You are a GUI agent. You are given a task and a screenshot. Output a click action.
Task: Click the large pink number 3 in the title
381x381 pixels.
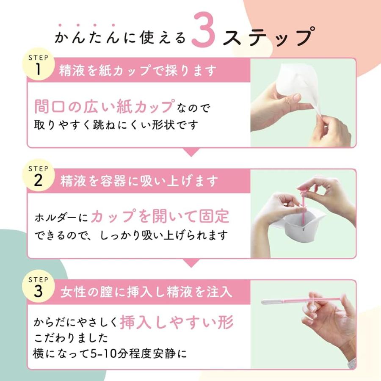pyautogui.click(x=203, y=29)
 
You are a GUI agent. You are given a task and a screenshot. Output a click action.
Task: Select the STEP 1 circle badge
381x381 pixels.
pyautogui.click(x=38, y=66)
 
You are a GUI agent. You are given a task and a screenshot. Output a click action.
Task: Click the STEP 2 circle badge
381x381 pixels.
pyautogui.click(x=38, y=177)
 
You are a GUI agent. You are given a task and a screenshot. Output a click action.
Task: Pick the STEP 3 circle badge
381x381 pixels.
pyautogui.click(x=38, y=287)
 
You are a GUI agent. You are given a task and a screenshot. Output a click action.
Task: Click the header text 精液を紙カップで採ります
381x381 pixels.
pyautogui.click(x=138, y=71)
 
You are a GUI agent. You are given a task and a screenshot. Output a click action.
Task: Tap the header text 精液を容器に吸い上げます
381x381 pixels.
pyautogui.click(x=139, y=181)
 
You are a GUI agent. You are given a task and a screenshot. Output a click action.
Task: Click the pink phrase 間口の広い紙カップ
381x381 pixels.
pyautogui.click(x=105, y=107)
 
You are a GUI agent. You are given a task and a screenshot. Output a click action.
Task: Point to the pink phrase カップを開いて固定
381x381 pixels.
pyautogui.click(x=160, y=216)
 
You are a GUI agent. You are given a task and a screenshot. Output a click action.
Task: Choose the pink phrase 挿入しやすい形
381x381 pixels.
pyautogui.click(x=177, y=322)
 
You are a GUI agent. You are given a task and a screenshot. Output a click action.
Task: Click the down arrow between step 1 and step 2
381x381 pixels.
pyautogui.click(x=191, y=152)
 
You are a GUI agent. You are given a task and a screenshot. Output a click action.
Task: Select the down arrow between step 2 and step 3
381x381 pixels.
pyautogui.click(x=191, y=263)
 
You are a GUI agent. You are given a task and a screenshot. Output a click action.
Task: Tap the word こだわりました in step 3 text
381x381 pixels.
pyautogui.click(x=71, y=338)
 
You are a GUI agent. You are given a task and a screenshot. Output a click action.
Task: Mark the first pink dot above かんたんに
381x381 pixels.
pyautogui.click(x=60, y=25)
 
